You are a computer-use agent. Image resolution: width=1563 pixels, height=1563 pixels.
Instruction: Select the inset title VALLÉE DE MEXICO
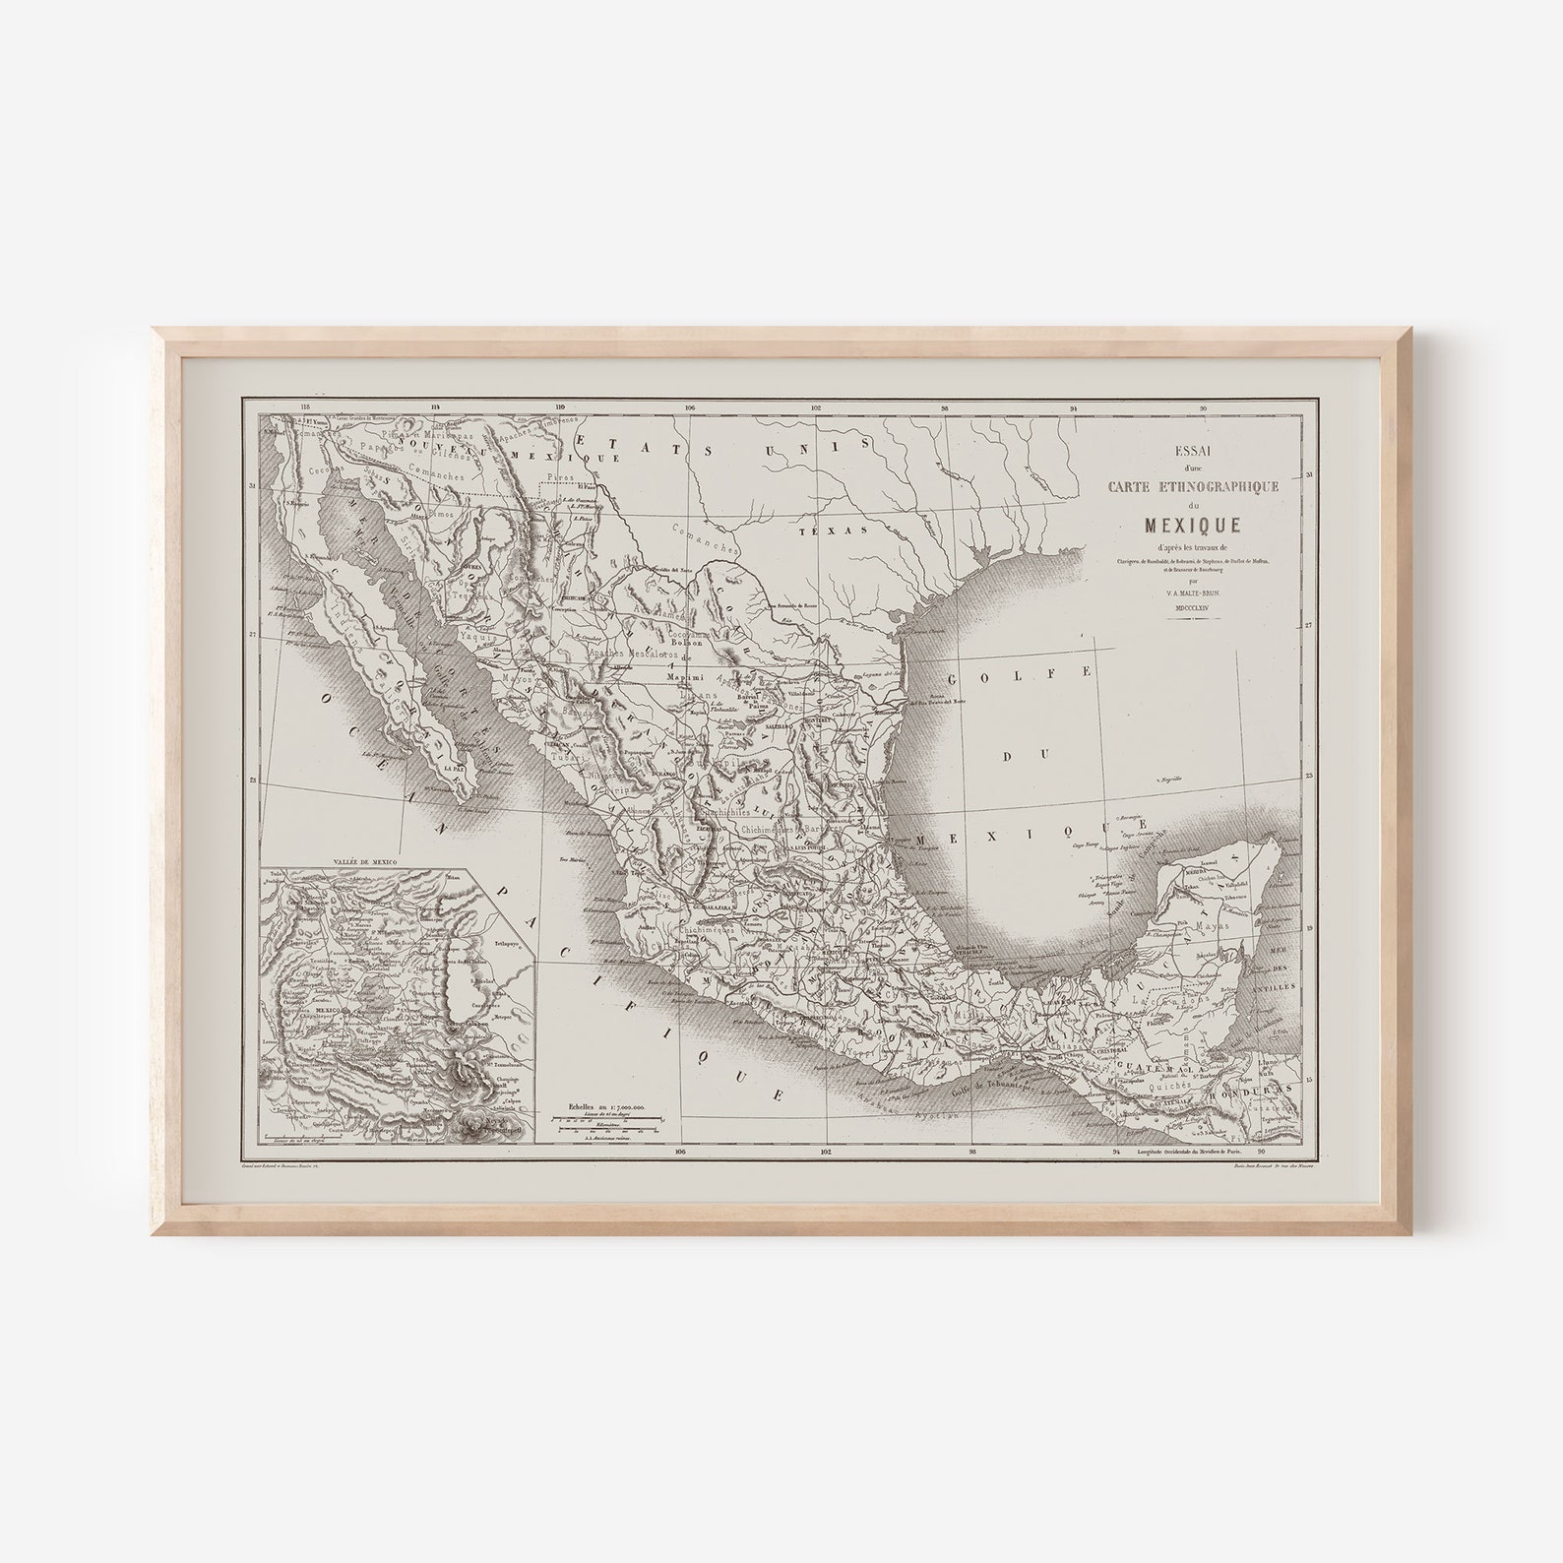tap(364, 861)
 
